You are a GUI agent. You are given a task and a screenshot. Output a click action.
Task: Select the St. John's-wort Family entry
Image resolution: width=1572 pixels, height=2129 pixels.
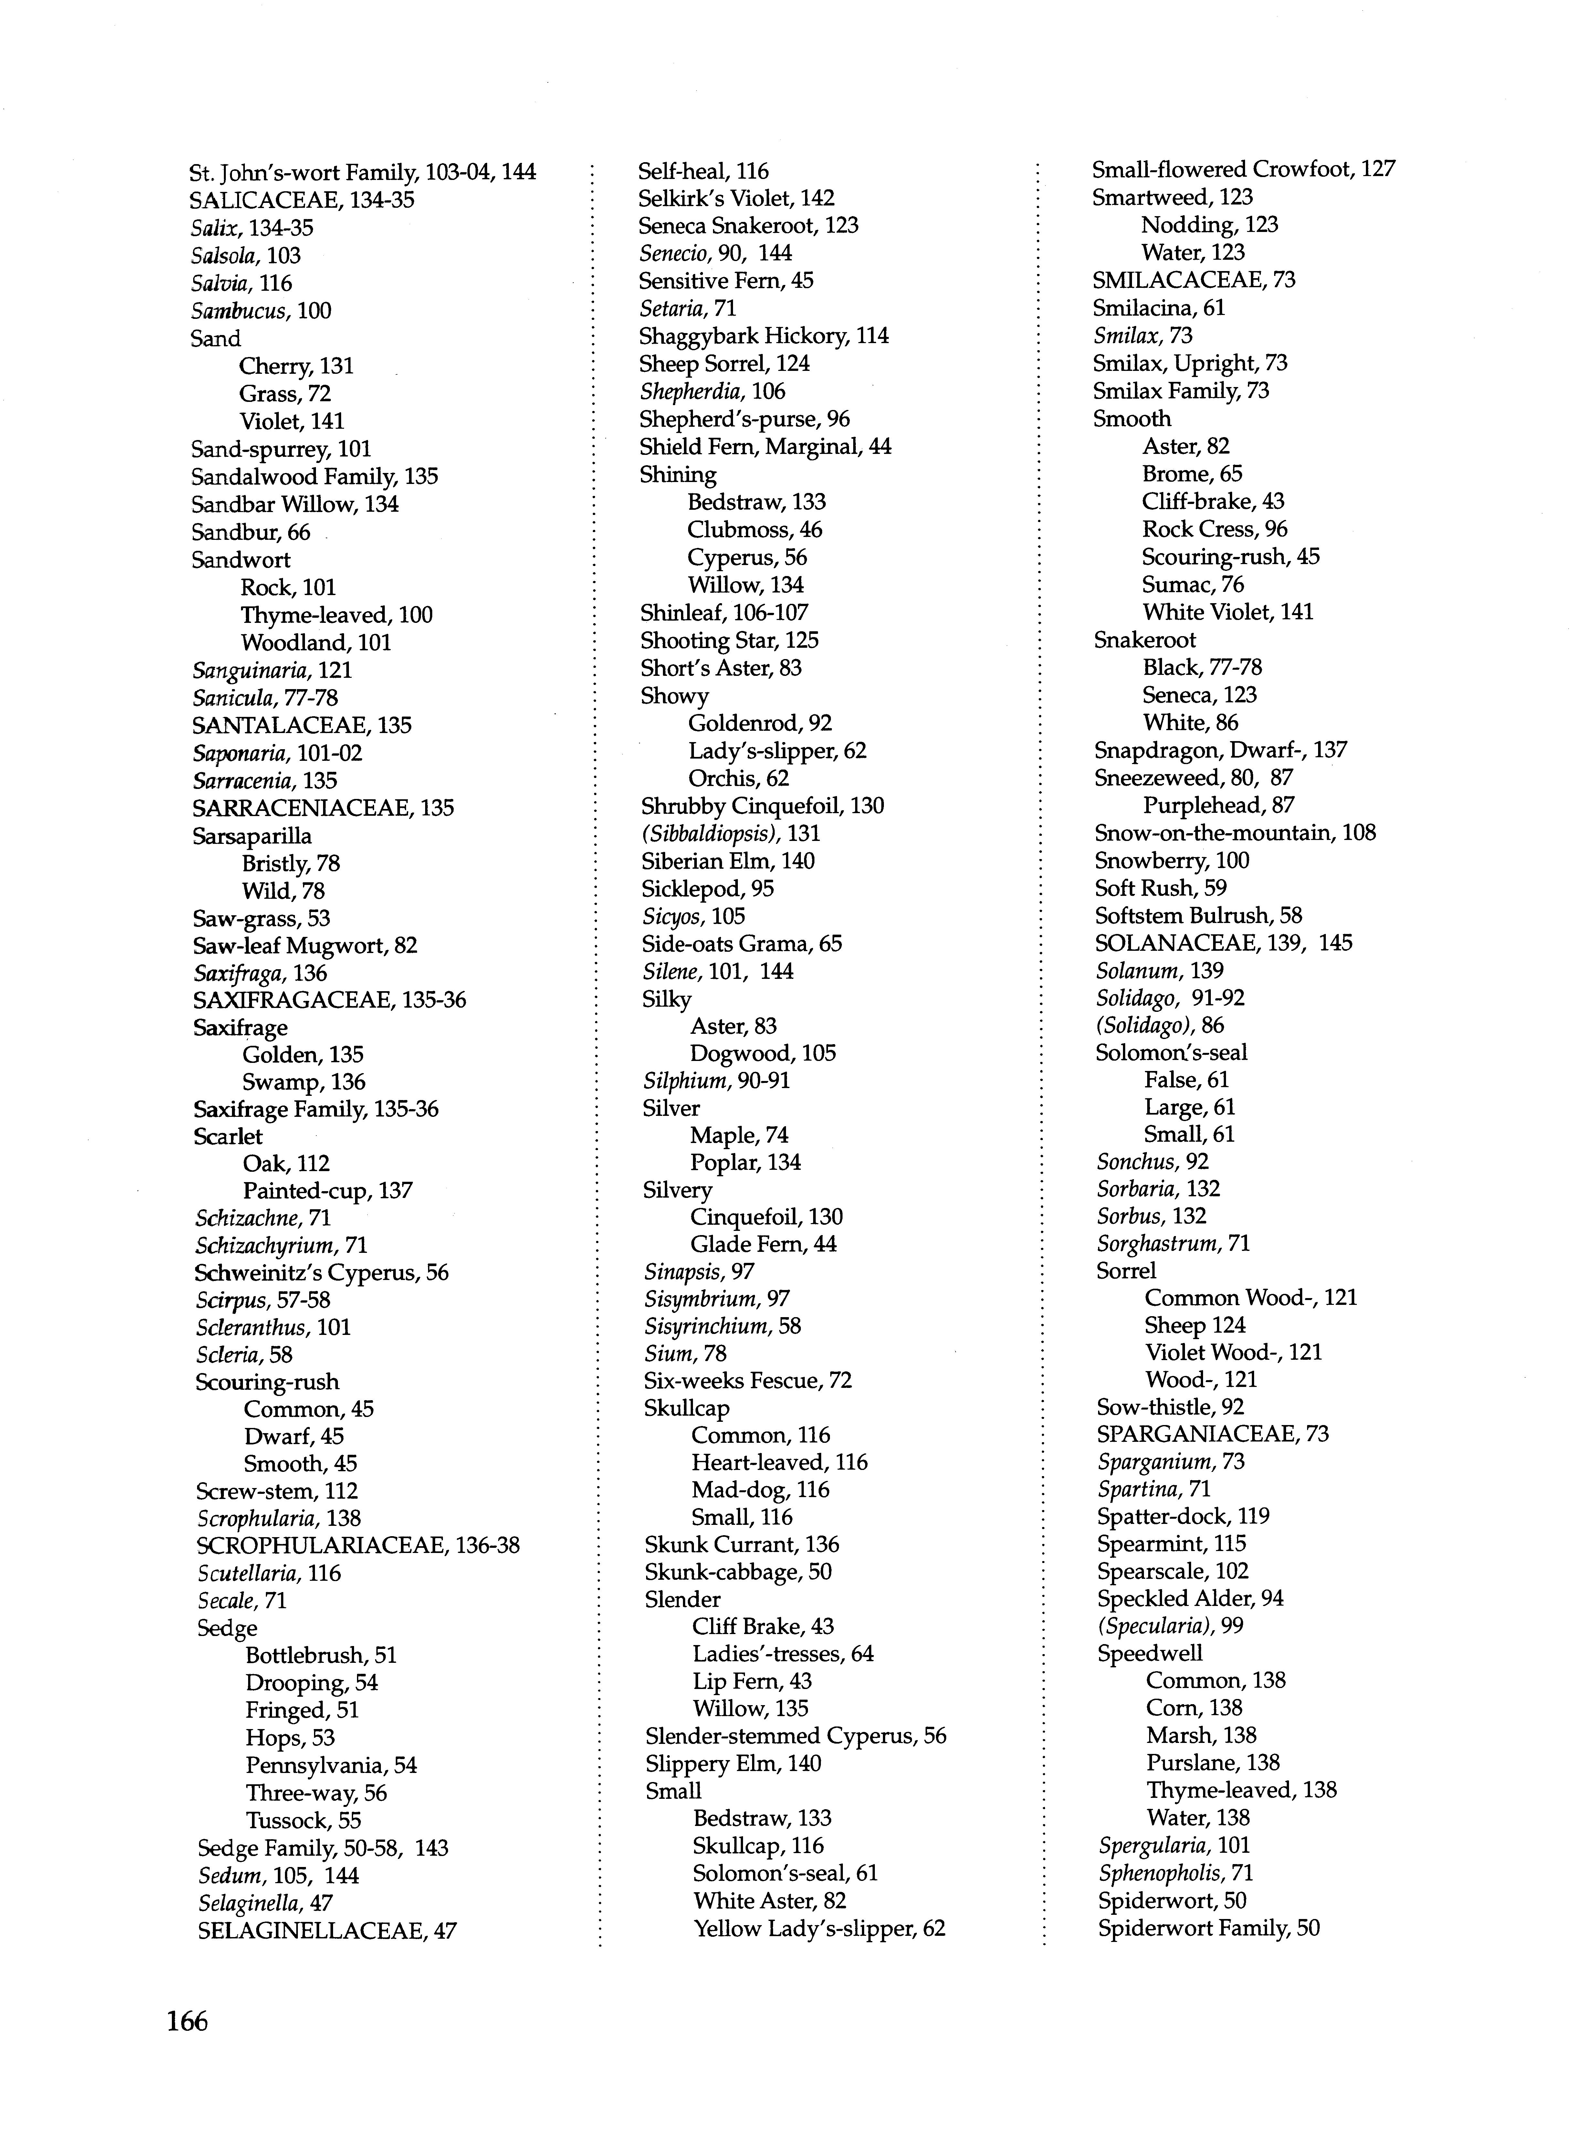click(x=362, y=172)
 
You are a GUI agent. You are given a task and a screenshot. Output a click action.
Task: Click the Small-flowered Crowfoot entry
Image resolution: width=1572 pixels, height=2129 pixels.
click(x=1243, y=169)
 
